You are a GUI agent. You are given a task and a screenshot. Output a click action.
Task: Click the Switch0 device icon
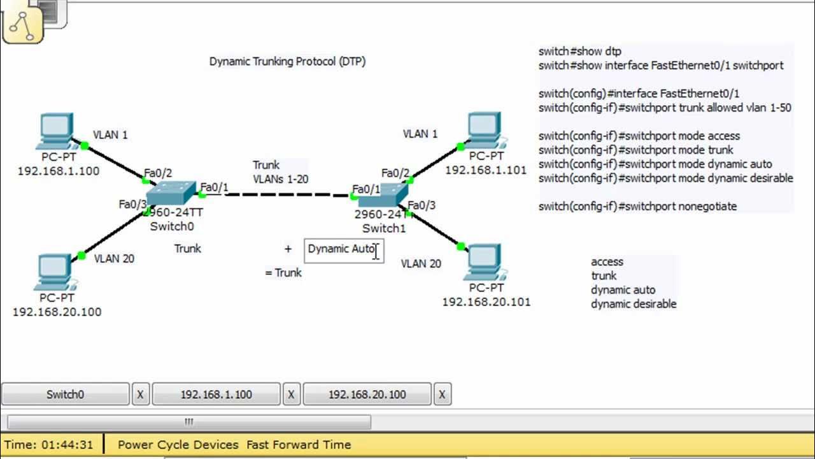(171, 193)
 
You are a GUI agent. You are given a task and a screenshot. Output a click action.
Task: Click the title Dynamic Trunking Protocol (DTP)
(287, 62)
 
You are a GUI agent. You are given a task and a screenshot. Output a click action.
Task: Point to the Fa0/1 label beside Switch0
(214, 187)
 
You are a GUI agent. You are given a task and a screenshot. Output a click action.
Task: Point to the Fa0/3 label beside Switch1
(422, 205)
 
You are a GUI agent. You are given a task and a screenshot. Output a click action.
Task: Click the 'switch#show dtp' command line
(579, 52)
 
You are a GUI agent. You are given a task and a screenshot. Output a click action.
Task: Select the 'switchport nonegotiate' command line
(637, 207)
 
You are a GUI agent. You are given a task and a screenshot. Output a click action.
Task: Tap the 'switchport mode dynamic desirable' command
(665, 178)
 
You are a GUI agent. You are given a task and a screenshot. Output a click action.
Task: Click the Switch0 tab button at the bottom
(65, 395)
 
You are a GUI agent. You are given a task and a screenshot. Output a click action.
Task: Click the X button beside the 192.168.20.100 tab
(442, 395)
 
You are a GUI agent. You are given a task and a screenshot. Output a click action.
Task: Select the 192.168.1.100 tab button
(216, 395)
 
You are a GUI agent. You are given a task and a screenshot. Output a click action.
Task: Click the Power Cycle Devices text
(178, 445)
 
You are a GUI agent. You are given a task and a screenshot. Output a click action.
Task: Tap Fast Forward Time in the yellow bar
(299, 445)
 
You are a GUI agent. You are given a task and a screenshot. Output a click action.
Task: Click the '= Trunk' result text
(283, 273)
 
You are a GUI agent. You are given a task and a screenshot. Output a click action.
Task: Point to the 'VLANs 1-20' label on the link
(280, 179)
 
